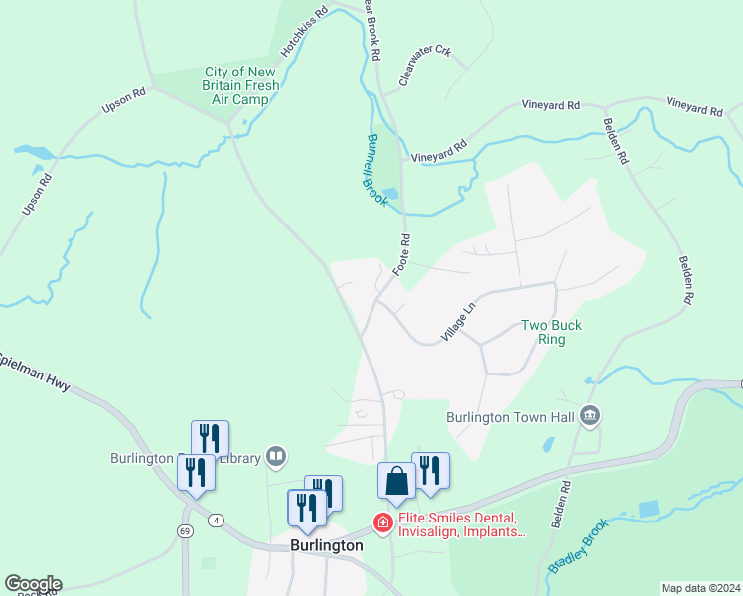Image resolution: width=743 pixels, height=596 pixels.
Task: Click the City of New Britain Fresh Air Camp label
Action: (241, 85)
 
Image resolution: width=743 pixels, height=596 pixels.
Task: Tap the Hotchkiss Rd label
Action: (304, 34)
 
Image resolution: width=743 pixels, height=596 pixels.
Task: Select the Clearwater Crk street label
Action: (425, 66)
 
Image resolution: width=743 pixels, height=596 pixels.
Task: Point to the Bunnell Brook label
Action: (374, 170)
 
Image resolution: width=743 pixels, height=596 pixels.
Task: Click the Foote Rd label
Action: (402, 255)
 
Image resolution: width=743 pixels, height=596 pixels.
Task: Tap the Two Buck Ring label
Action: (552, 332)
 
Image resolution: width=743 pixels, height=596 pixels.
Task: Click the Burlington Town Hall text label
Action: (512, 417)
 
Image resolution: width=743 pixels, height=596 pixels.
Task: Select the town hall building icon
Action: (591, 416)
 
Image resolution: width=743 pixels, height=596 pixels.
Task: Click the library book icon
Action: (276, 457)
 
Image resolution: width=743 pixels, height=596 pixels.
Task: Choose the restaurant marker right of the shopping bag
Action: (430, 470)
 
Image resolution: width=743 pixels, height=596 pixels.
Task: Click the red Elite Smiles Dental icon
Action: (380, 521)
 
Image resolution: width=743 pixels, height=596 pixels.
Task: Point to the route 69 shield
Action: (185, 531)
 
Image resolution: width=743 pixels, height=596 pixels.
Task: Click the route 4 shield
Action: (217, 520)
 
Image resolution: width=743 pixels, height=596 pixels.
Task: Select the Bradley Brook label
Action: (577, 549)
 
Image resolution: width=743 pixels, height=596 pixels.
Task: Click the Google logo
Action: (33, 584)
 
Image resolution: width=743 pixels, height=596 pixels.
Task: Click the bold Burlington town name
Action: (326, 545)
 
